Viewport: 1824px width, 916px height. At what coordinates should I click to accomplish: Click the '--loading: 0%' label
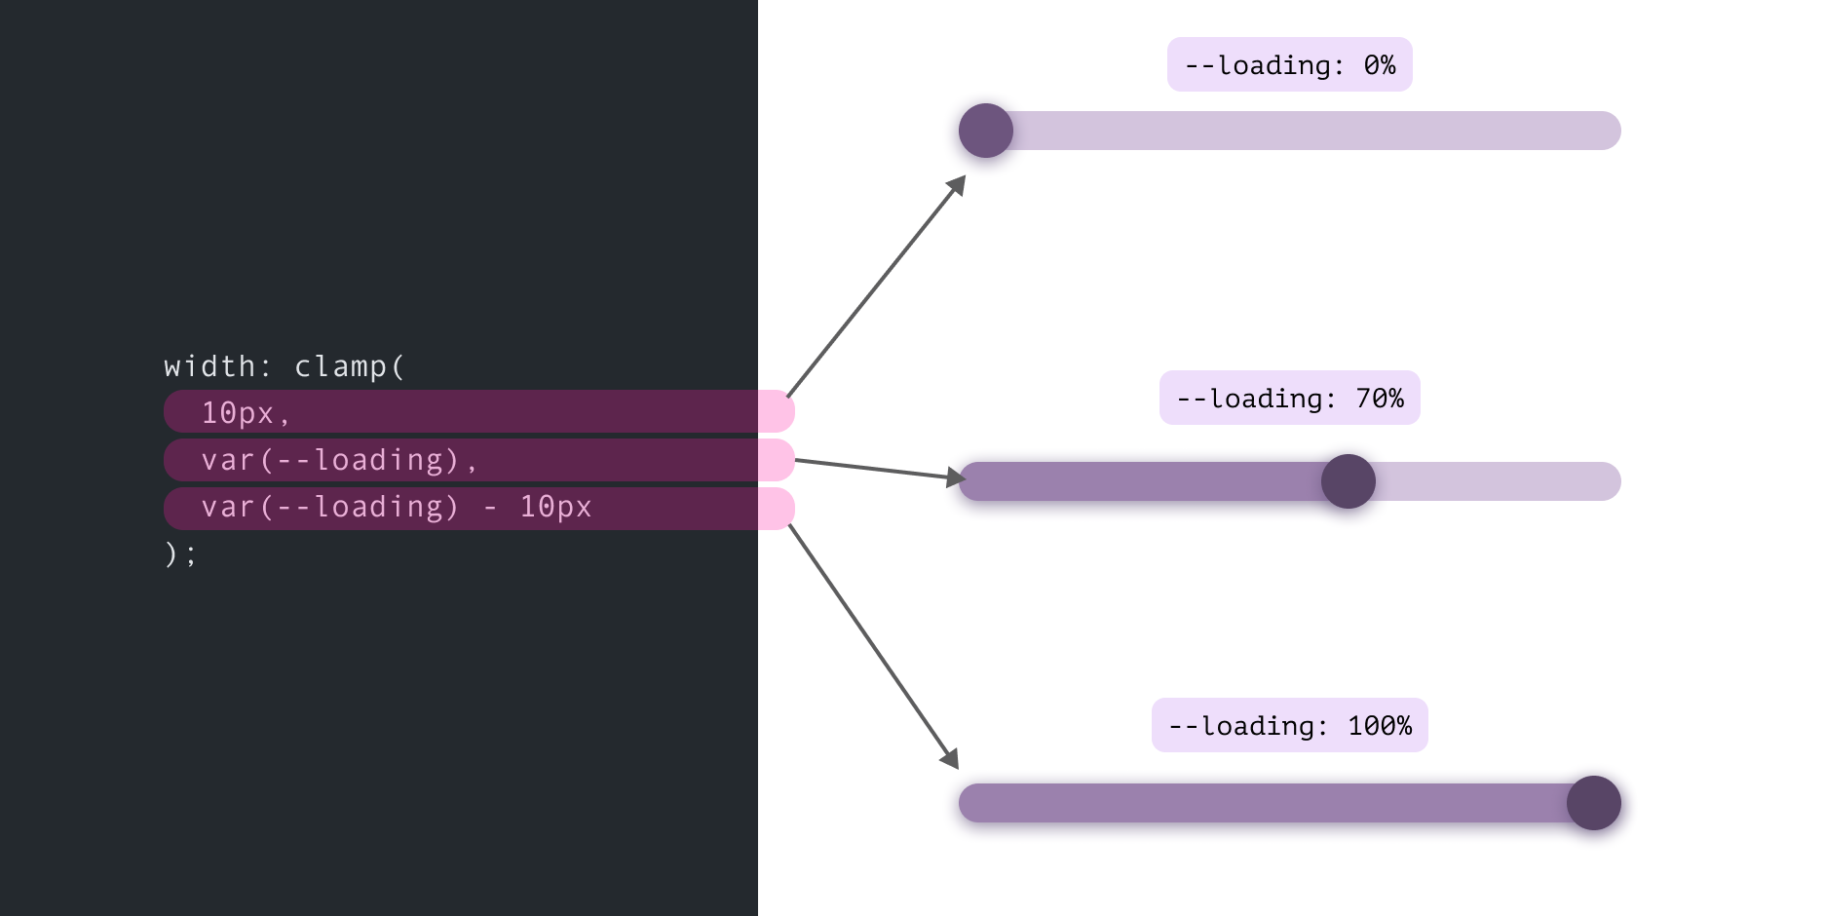coord(1289,64)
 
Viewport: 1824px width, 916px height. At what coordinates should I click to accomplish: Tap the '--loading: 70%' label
coord(1289,398)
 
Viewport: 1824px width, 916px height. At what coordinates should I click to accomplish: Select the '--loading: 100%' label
coord(1289,725)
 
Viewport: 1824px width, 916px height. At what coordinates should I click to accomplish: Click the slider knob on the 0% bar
coord(986,131)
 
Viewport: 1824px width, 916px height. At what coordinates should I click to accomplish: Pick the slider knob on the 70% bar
coord(1349,481)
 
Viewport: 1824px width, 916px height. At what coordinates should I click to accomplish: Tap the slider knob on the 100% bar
coord(1594,803)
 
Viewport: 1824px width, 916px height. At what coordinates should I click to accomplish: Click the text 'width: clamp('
coord(284,366)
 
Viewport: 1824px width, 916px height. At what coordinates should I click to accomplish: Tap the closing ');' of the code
coord(180,553)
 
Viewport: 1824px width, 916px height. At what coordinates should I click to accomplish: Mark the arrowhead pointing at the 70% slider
coord(956,477)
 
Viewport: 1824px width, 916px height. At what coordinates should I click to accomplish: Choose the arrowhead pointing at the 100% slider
coord(950,759)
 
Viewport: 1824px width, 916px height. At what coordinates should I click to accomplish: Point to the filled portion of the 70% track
coord(1140,481)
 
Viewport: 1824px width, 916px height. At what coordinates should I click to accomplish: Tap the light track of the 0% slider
coord(1315,131)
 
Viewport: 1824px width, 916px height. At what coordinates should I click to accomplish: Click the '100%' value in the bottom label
coord(1380,725)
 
